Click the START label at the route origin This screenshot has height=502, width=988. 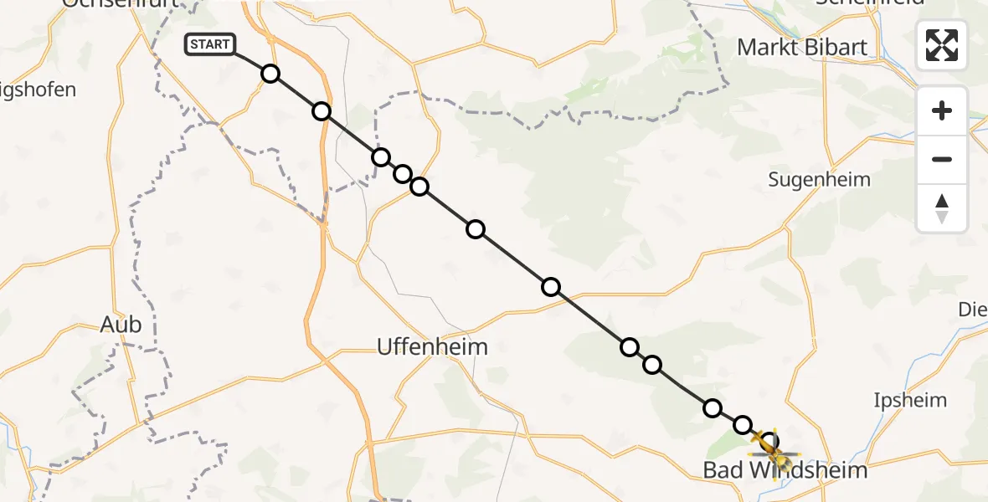[210, 44]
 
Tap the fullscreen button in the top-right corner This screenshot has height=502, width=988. [942, 44]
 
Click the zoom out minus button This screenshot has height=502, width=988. [942, 159]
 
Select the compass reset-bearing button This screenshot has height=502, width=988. [942, 208]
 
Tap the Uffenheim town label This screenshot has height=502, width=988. [432, 346]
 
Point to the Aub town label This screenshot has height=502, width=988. [121, 325]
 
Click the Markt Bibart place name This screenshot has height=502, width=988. [801, 47]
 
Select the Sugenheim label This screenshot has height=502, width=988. [820, 179]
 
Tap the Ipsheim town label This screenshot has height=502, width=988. [909, 400]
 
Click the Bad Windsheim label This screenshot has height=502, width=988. [785, 471]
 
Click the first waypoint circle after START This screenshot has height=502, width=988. [270, 74]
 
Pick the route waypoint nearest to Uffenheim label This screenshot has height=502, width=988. [550, 287]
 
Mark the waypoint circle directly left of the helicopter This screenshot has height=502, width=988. [743, 425]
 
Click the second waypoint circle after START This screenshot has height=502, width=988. [322, 111]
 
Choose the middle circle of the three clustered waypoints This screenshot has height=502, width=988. [403, 174]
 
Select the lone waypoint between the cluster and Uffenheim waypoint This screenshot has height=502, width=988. [476, 229]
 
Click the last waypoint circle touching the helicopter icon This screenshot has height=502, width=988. [769, 441]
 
